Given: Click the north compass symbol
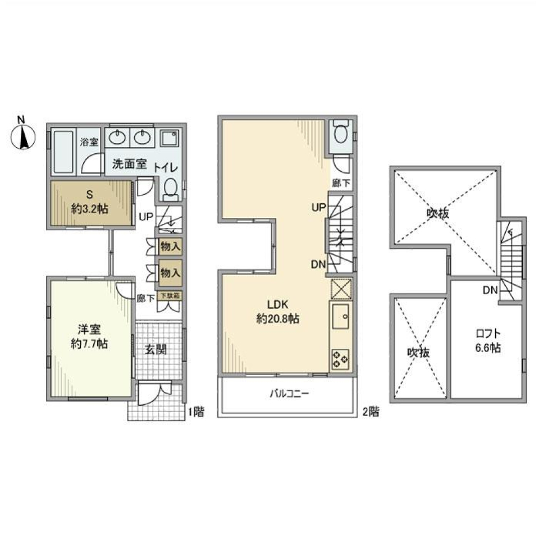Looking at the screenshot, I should pyautogui.click(x=23, y=135).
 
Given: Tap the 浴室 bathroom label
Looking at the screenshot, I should pyautogui.click(x=88, y=143).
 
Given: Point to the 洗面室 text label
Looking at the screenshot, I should pyautogui.click(x=129, y=165).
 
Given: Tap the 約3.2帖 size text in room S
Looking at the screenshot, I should pyautogui.click(x=89, y=208).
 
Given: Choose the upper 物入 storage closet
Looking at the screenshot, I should pyautogui.click(x=170, y=246).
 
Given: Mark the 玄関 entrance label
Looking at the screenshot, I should pyautogui.click(x=156, y=350).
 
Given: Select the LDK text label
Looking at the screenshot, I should pyautogui.click(x=277, y=305).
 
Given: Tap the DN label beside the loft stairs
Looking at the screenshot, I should pyautogui.click(x=489, y=290).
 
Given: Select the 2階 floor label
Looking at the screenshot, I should pyautogui.click(x=370, y=412).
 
